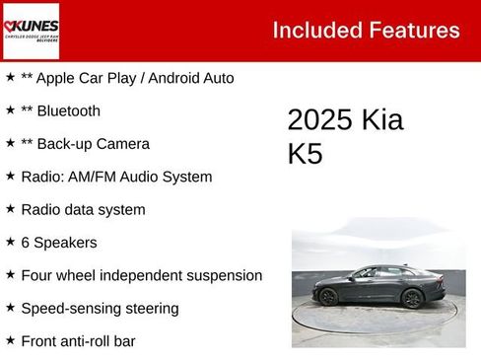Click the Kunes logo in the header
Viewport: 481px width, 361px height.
(x=31, y=31)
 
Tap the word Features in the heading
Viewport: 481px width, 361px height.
(x=414, y=31)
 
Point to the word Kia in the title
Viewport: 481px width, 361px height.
(x=382, y=120)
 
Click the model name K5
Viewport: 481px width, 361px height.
(x=305, y=155)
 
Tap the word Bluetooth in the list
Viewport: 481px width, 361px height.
(x=68, y=110)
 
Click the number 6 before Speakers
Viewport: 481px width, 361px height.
(x=25, y=242)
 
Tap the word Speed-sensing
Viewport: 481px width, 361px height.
(x=67, y=309)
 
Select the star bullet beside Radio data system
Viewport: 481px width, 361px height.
(x=10, y=209)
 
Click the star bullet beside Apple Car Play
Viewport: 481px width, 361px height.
(x=10, y=77)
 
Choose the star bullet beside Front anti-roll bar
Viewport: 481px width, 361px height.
(x=10, y=340)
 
